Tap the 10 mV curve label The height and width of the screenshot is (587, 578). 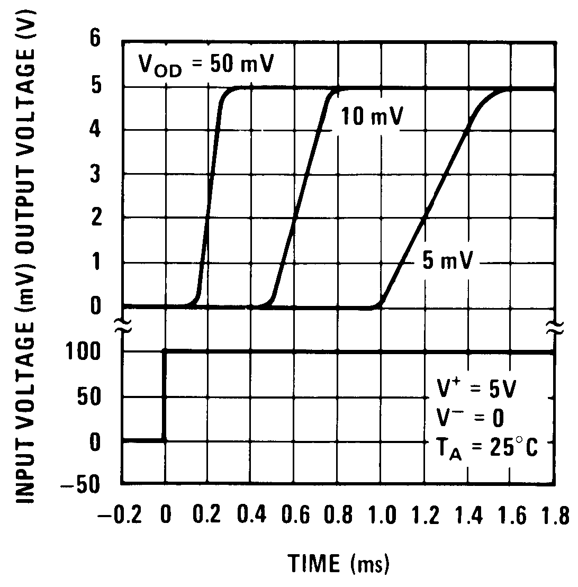[371, 117]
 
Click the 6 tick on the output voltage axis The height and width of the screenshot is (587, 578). [95, 41]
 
